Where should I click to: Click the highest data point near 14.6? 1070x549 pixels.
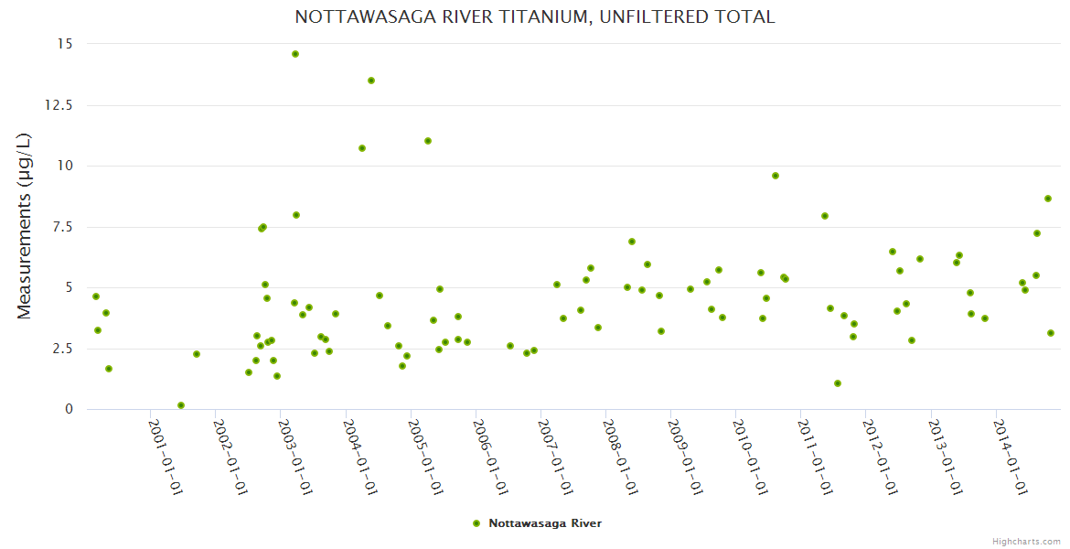pos(295,54)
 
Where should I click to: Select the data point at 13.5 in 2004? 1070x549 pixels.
pos(371,81)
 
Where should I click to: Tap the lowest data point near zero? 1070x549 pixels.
pos(181,405)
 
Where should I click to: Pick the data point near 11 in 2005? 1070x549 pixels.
pos(428,141)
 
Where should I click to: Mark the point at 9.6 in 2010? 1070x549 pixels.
pos(776,176)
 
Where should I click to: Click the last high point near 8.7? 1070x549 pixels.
pos(1048,199)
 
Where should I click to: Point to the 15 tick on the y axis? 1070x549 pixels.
pos(66,44)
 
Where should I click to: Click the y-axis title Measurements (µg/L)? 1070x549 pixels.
pos(25,226)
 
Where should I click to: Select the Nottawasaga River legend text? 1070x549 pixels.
pos(545,523)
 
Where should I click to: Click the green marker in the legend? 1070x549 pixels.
pos(476,523)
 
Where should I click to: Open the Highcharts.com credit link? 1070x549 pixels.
pos(1026,541)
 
